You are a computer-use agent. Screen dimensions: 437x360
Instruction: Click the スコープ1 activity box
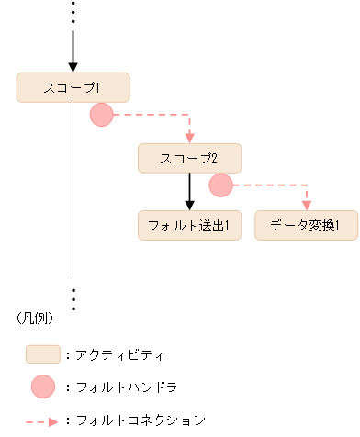(73, 87)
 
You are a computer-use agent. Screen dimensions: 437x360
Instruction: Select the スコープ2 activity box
(189, 158)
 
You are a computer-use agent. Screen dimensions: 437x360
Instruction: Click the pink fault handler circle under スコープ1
(101, 115)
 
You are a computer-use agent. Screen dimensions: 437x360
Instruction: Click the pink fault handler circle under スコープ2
(220, 185)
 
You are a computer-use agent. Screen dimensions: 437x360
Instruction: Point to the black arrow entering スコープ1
(73, 50)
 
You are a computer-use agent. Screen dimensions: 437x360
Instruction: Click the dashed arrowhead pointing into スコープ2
(189, 138)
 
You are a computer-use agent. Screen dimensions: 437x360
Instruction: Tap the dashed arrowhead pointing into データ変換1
(306, 206)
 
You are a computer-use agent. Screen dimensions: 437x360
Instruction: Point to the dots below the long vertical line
(73, 297)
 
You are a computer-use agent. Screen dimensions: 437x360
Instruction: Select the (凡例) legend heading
(35, 319)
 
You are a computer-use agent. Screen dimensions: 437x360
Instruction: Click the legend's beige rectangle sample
(42, 353)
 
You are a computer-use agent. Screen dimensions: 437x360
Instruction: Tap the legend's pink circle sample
(42, 387)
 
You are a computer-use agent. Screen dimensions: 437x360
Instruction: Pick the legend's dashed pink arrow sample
(42, 420)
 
